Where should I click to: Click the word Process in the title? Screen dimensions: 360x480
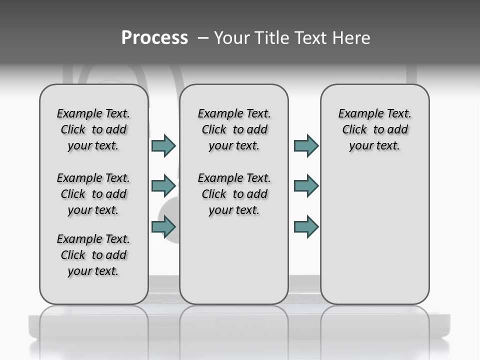(x=154, y=37)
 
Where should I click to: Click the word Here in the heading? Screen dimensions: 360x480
(x=351, y=37)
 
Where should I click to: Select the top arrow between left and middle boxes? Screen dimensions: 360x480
(x=163, y=145)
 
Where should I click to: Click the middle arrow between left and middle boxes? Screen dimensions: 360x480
(x=163, y=186)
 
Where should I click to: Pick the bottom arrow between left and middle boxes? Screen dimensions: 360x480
(x=163, y=227)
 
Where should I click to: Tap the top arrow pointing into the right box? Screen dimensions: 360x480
(x=306, y=145)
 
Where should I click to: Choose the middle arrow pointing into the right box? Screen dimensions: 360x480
(x=306, y=186)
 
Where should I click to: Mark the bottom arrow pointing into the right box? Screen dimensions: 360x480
(x=306, y=227)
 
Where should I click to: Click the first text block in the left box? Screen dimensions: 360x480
(x=93, y=129)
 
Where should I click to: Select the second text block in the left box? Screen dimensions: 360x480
(x=93, y=194)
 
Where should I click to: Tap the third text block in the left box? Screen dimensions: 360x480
(x=93, y=255)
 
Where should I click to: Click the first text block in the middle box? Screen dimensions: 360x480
(x=234, y=129)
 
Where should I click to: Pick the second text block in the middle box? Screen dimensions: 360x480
(x=234, y=194)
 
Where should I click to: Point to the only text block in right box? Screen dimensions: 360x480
(x=374, y=129)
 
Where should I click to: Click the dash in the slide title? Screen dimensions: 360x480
(x=203, y=38)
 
